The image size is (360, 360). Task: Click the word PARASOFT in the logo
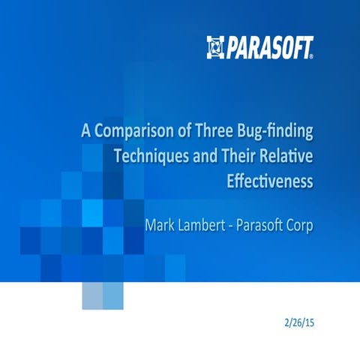pos(267,46)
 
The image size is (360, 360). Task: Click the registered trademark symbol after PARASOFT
pos(311,53)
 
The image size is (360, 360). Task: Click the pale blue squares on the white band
pos(102,297)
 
